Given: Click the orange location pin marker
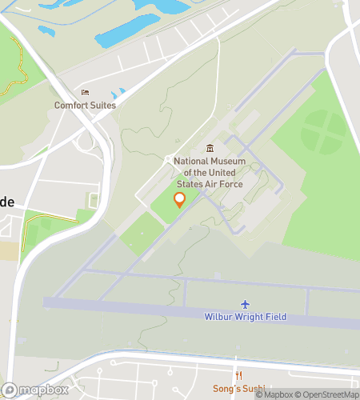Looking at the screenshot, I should tap(179, 200).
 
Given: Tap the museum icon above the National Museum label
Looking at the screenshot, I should tap(210, 148).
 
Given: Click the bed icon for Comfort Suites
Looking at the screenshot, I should tap(85, 93).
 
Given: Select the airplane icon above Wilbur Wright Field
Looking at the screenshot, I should tap(246, 304).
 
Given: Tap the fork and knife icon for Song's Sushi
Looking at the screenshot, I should tap(238, 376).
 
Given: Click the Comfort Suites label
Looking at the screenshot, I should tap(85, 105).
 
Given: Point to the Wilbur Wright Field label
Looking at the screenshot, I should tap(246, 317).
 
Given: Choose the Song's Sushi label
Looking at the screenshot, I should tap(239, 388).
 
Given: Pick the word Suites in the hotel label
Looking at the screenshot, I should tap(102, 105).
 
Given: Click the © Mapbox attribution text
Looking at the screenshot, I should tap(274, 394).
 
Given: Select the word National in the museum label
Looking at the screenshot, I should tap(190, 161).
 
